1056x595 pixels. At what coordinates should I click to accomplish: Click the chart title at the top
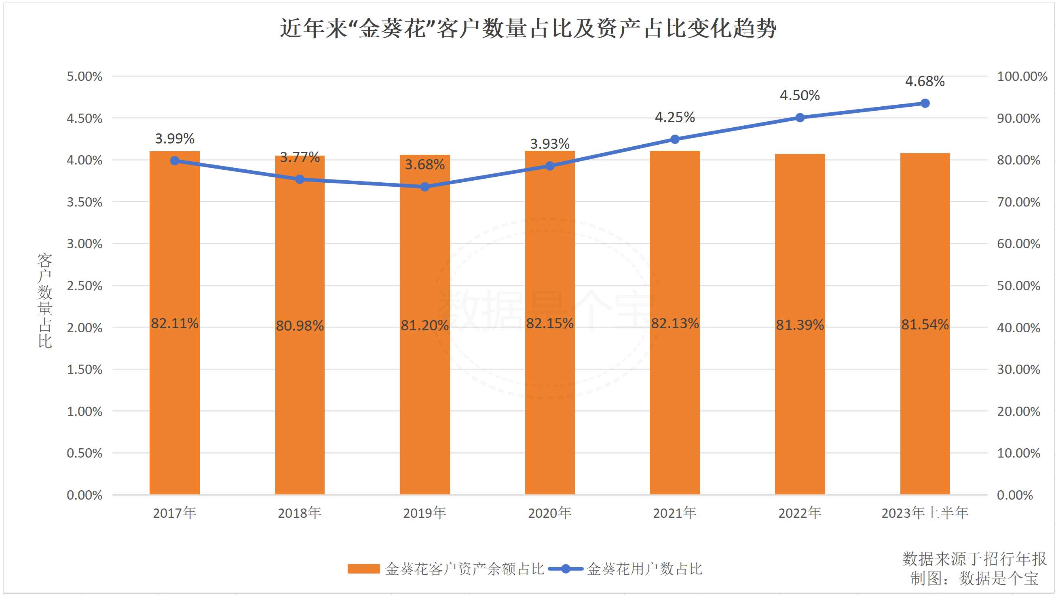tap(528, 29)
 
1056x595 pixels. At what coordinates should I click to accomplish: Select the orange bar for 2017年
tap(175, 369)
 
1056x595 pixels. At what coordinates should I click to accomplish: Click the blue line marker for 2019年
tap(425, 187)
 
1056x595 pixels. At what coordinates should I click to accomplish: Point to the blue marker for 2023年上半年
tap(925, 103)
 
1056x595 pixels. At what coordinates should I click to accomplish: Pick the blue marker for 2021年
tap(675, 139)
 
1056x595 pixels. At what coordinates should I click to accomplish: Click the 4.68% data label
tap(925, 81)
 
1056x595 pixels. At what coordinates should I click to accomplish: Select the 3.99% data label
tap(175, 139)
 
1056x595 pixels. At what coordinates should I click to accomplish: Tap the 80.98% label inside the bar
tap(300, 326)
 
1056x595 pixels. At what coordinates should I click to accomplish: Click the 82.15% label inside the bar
tap(550, 323)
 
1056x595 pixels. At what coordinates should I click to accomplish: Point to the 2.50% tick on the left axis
tap(84, 286)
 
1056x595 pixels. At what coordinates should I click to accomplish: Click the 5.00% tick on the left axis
tap(84, 76)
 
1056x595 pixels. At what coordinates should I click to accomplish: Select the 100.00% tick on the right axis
tap(1022, 76)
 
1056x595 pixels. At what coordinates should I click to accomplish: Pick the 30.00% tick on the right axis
tap(1019, 369)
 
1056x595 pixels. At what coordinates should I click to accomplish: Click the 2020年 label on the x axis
tap(550, 513)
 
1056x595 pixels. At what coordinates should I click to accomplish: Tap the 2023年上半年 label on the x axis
tap(925, 513)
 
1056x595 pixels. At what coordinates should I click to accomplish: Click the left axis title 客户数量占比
tap(45, 300)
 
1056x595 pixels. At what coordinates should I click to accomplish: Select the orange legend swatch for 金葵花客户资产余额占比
tap(363, 569)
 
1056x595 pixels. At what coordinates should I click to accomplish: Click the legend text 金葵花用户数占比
tap(644, 569)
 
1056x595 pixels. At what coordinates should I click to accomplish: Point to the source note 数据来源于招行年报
tap(974, 559)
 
